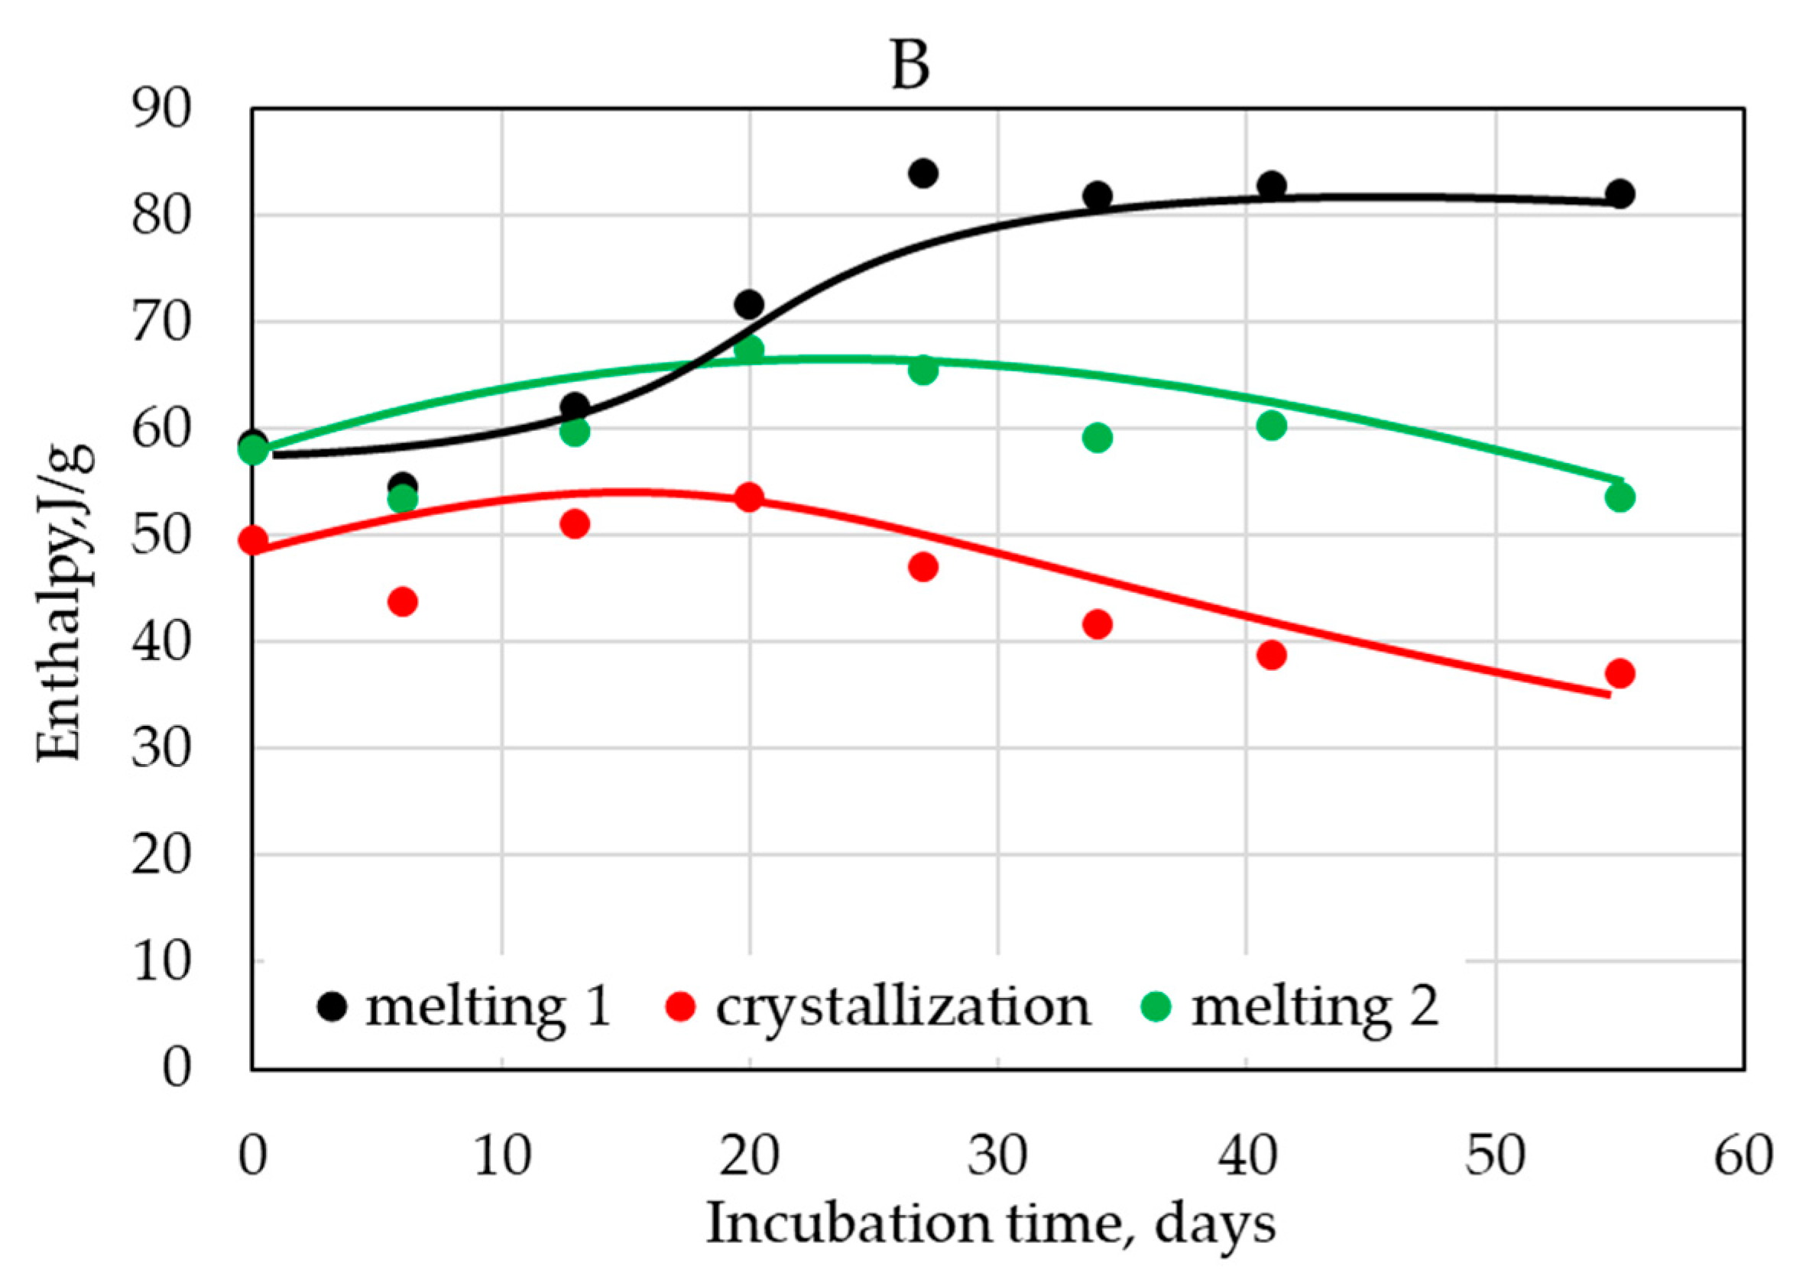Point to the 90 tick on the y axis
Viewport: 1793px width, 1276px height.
pyautogui.click(x=161, y=109)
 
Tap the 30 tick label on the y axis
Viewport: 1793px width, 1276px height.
pyautogui.click(x=161, y=748)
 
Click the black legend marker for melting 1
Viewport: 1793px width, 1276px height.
pyautogui.click(x=332, y=1006)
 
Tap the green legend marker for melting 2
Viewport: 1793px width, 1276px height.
pyautogui.click(x=1156, y=1006)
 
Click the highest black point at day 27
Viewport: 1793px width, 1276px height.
pyautogui.click(x=923, y=173)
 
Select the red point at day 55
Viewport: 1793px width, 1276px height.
pyautogui.click(x=1620, y=673)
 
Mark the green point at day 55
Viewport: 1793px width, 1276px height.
pyautogui.click(x=1620, y=497)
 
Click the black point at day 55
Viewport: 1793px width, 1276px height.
pyautogui.click(x=1620, y=193)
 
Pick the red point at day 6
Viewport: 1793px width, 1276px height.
pyautogui.click(x=403, y=602)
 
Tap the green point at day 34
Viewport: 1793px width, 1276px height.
pyautogui.click(x=1097, y=438)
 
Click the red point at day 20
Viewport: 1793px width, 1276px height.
pyautogui.click(x=750, y=497)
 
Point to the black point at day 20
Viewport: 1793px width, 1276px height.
pyautogui.click(x=750, y=303)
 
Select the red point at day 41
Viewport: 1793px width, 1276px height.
pyautogui.click(x=1271, y=655)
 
